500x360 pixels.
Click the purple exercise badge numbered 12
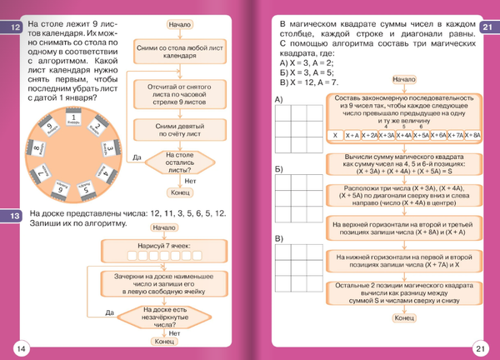[15, 29]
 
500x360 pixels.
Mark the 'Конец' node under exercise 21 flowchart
[404, 317]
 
